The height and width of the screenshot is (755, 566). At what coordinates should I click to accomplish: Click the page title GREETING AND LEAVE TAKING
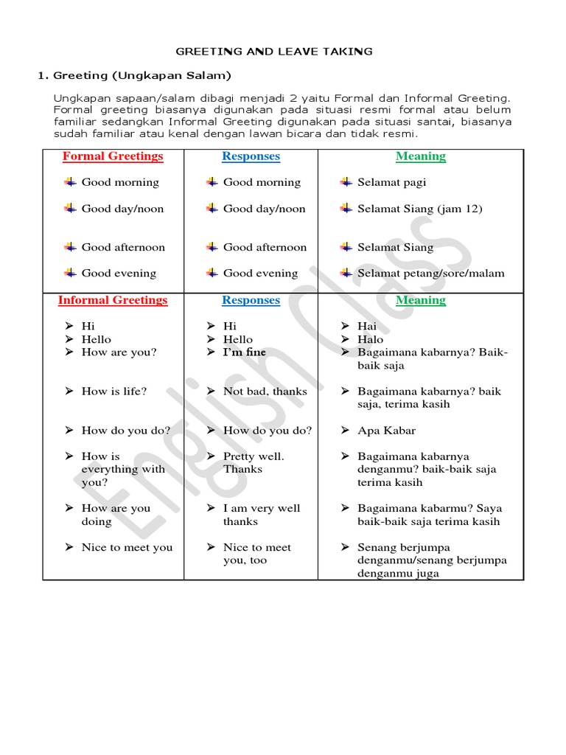click(273, 52)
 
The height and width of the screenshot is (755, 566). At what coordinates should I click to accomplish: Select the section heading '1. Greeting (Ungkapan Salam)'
click(135, 75)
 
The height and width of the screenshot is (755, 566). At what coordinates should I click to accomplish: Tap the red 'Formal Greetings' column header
click(113, 156)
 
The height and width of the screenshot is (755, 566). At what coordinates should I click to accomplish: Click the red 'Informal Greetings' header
click(113, 300)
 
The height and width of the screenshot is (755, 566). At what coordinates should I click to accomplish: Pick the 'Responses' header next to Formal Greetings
click(251, 156)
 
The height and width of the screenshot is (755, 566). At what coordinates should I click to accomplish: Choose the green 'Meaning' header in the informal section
click(420, 300)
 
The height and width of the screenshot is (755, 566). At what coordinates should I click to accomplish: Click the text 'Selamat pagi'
click(391, 182)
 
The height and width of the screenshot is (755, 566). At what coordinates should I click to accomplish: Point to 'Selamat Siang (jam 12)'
click(419, 209)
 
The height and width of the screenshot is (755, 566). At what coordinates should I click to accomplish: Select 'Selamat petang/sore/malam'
click(430, 274)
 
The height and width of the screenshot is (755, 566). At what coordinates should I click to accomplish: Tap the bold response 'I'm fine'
click(245, 352)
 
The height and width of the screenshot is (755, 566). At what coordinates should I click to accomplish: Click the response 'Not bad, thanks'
click(265, 392)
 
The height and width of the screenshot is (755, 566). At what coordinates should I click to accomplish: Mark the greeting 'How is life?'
click(113, 392)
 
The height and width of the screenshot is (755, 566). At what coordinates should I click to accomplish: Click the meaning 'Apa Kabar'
click(386, 431)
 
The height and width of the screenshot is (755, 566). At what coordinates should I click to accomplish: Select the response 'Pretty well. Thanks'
click(253, 463)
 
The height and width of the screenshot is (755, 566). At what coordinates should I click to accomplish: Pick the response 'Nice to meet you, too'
click(256, 554)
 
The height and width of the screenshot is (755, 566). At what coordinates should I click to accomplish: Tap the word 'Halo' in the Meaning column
click(371, 339)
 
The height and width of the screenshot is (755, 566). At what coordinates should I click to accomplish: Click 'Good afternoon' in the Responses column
click(265, 247)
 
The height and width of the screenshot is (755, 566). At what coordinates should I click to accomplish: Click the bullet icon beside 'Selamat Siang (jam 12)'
click(346, 209)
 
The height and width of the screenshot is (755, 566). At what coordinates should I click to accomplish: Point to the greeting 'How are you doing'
click(115, 515)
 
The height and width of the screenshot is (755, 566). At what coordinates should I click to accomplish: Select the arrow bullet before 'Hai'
click(346, 326)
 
